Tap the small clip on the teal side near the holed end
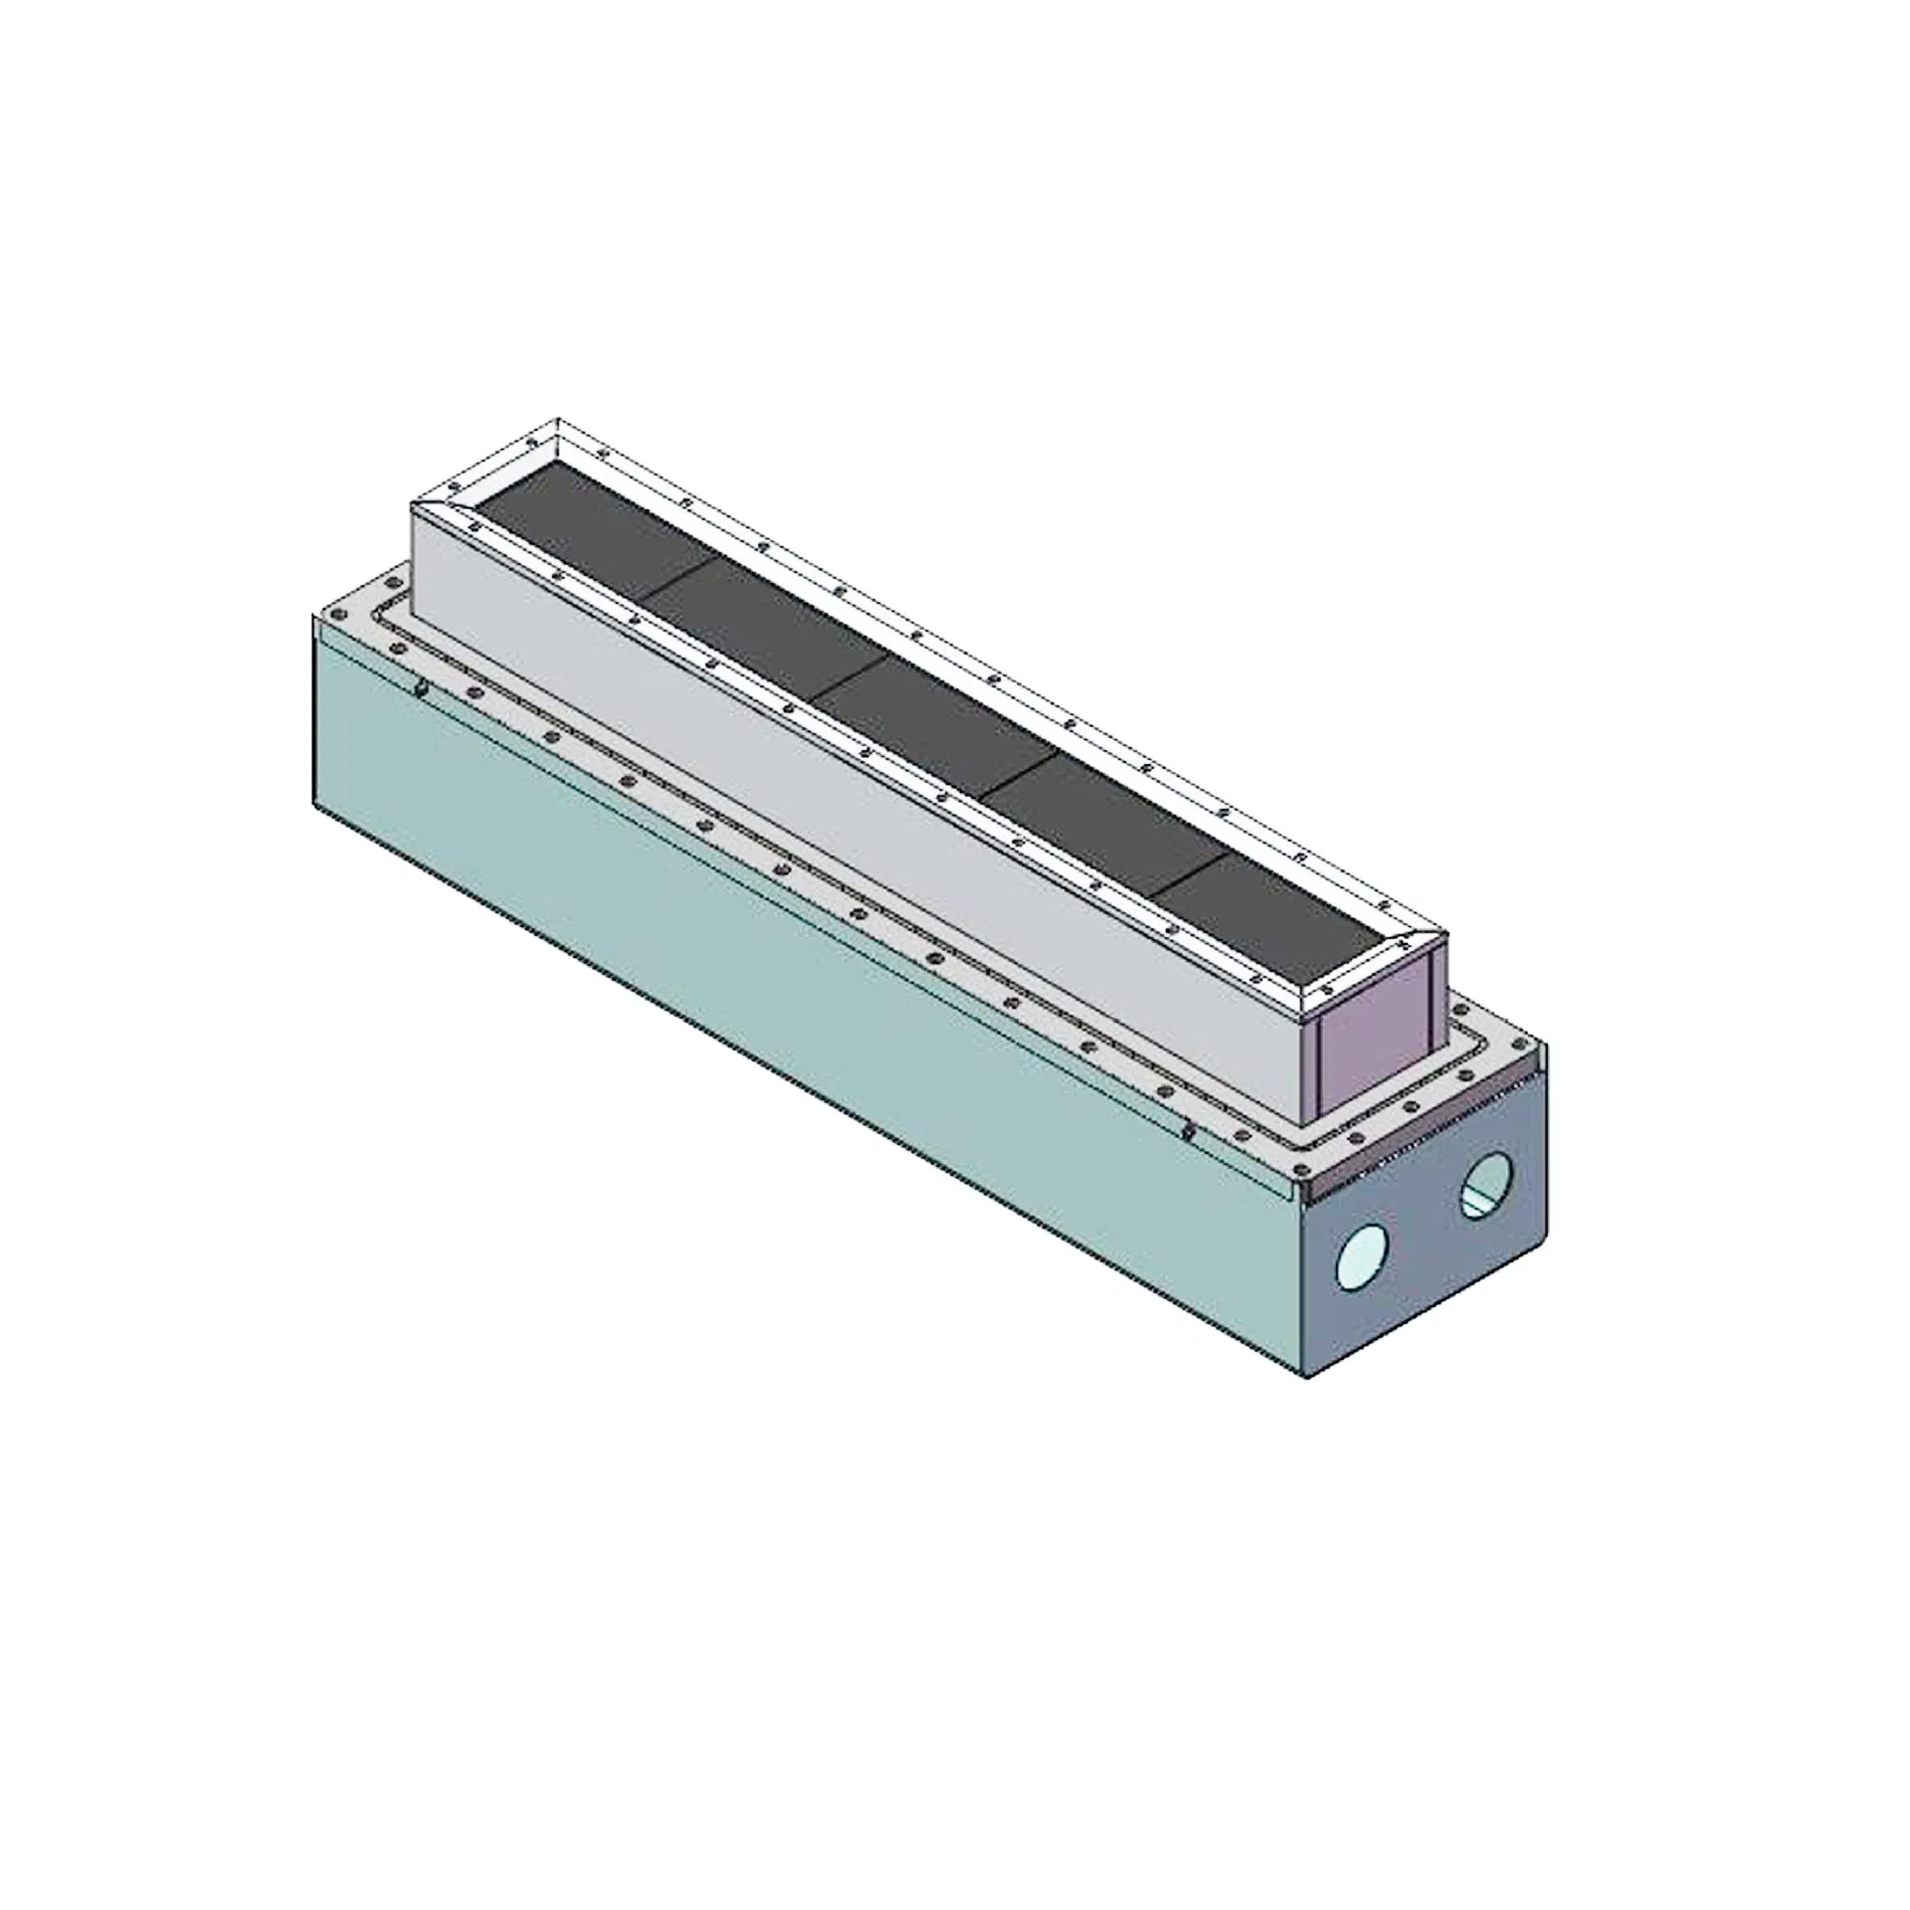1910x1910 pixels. (x=1188, y=1131)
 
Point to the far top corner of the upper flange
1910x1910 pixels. (x=558, y=419)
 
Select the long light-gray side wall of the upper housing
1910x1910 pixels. (x=846, y=796)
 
